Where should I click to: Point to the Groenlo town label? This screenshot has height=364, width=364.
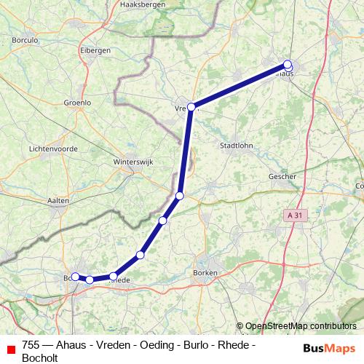pos(78,103)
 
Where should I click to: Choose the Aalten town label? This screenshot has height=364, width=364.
pos(58,200)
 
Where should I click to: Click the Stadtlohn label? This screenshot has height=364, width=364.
pos(237,145)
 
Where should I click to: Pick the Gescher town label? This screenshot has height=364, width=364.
pos(282,176)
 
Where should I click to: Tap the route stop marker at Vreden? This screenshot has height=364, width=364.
pos(191,107)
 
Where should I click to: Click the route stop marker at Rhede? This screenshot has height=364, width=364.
pos(113,277)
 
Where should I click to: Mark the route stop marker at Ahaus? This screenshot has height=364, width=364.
pos(288,65)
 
